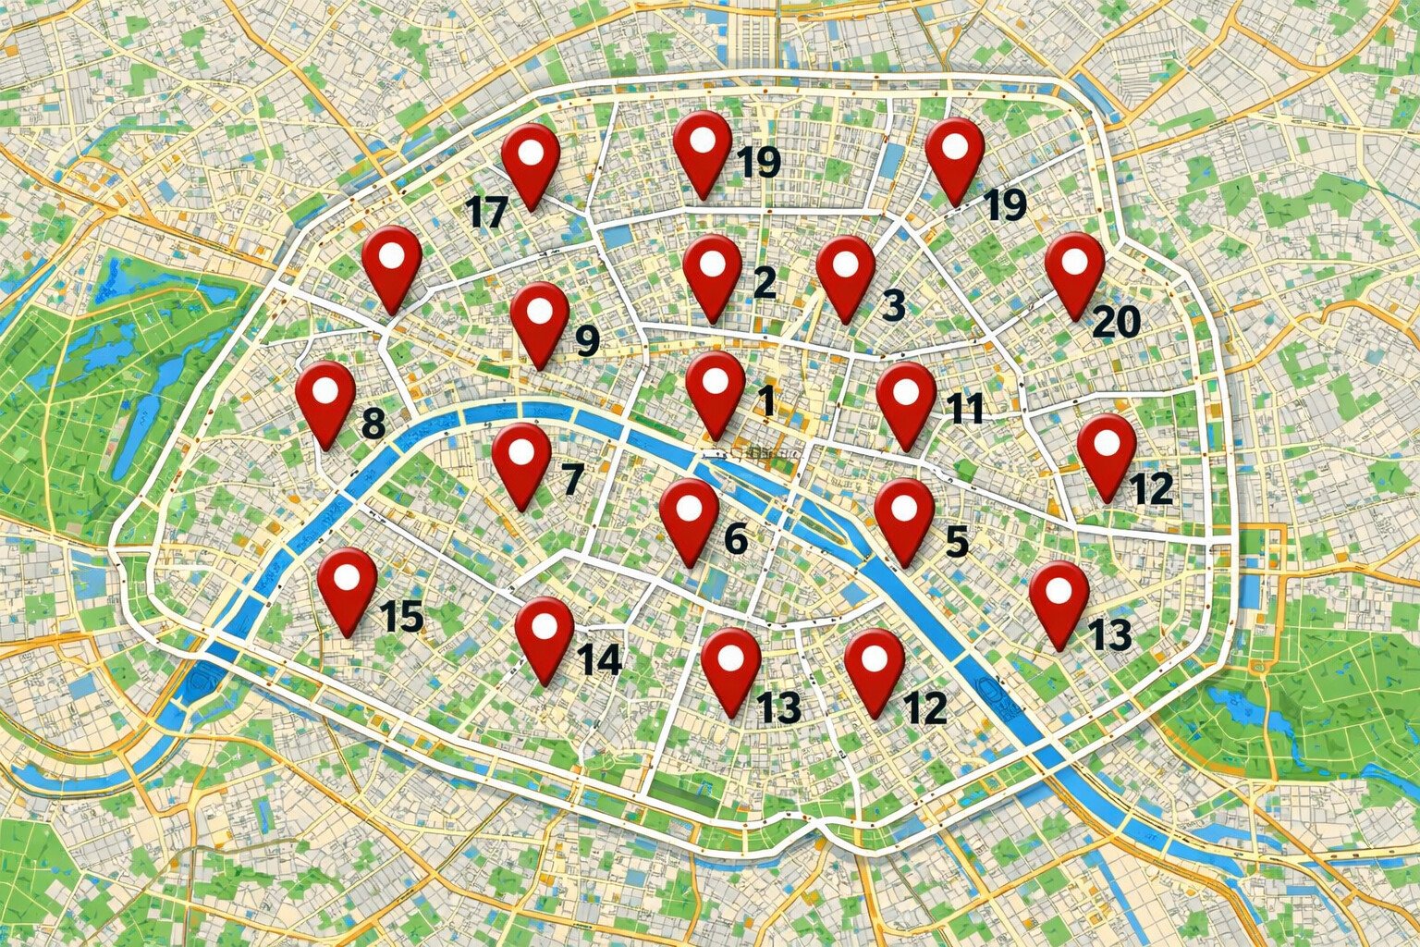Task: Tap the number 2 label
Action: [x=764, y=283]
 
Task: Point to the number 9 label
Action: [x=587, y=340]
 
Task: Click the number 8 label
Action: [x=373, y=424]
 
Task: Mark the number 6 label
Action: [x=736, y=538]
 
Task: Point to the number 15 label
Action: [x=401, y=616]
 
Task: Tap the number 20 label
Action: [x=1116, y=322]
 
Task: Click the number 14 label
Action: [x=599, y=659]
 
